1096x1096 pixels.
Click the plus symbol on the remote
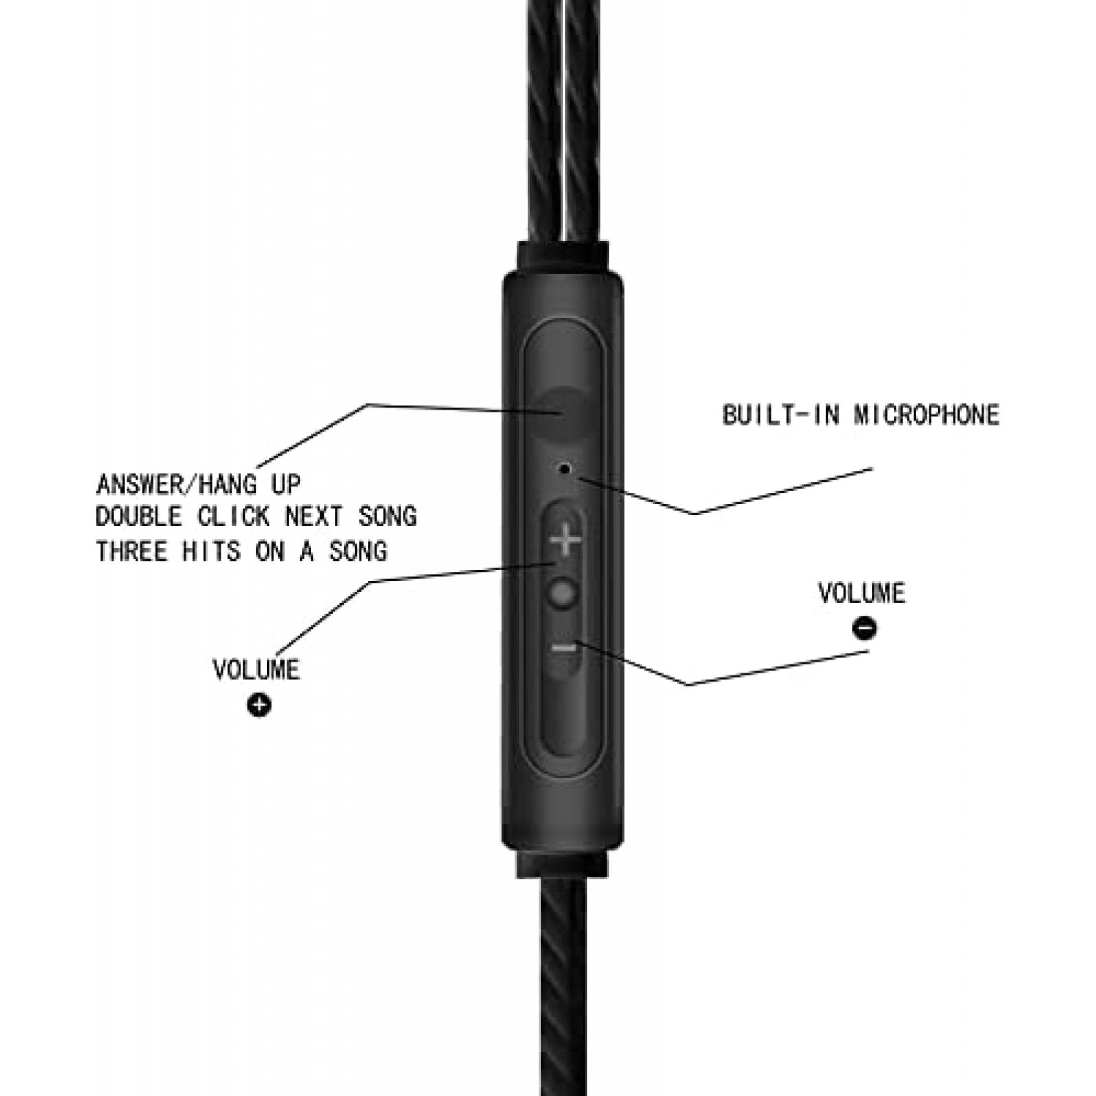566,540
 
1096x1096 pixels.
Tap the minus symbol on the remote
564,647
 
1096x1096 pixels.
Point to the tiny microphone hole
565,469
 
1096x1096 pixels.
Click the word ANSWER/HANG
177,484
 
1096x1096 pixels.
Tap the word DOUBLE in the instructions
139,516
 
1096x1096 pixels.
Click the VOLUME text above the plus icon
256,669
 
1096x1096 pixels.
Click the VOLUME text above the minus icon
862,593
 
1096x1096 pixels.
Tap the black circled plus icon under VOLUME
259,705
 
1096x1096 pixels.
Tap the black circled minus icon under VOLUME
864,628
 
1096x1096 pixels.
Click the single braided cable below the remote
563,986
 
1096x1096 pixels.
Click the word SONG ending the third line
358,551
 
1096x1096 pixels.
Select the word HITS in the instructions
211,551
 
